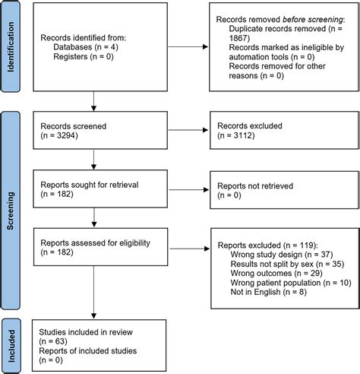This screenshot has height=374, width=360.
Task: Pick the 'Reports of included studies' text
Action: pyautogui.click(x=94, y=350)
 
